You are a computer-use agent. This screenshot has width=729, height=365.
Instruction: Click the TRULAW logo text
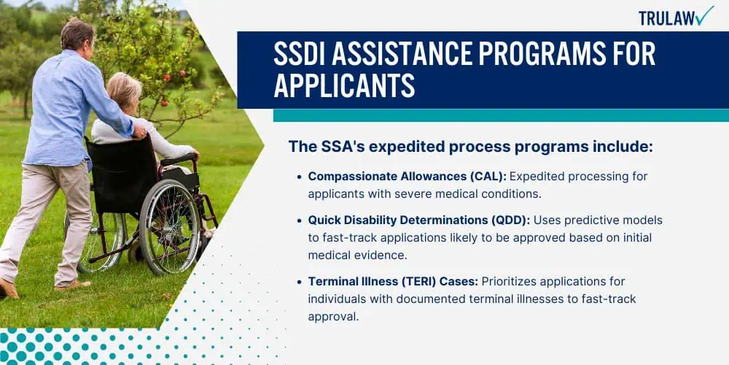(x=668, y=18)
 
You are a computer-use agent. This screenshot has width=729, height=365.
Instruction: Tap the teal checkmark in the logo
(x=705, y=15)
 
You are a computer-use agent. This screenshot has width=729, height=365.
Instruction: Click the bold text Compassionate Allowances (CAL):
(x=409, y=177)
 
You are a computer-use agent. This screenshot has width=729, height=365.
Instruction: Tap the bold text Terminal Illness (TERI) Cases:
(x=394, y=282)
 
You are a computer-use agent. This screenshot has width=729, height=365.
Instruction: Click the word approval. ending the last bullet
(x=333, y=317)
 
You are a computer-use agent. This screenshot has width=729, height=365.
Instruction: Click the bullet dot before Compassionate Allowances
(x=300, y=177)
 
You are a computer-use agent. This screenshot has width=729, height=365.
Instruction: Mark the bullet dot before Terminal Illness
(x=300, y=282)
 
